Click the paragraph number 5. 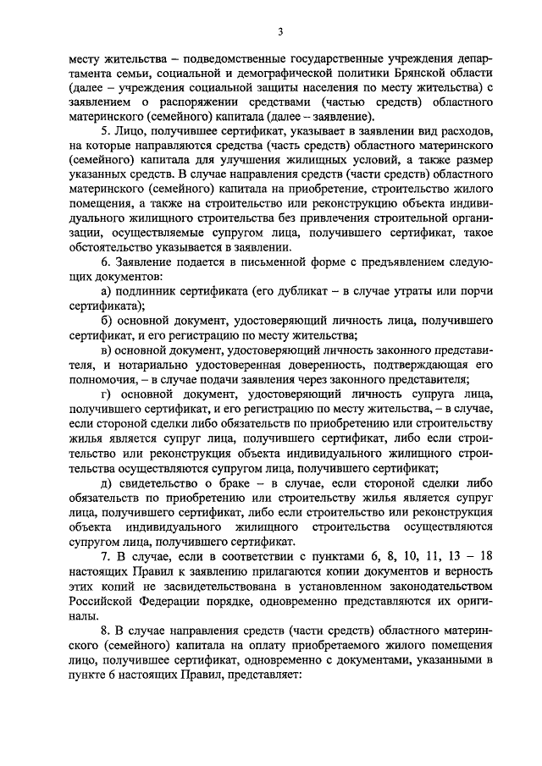coord(103,133)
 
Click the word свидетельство coord(159,483)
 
